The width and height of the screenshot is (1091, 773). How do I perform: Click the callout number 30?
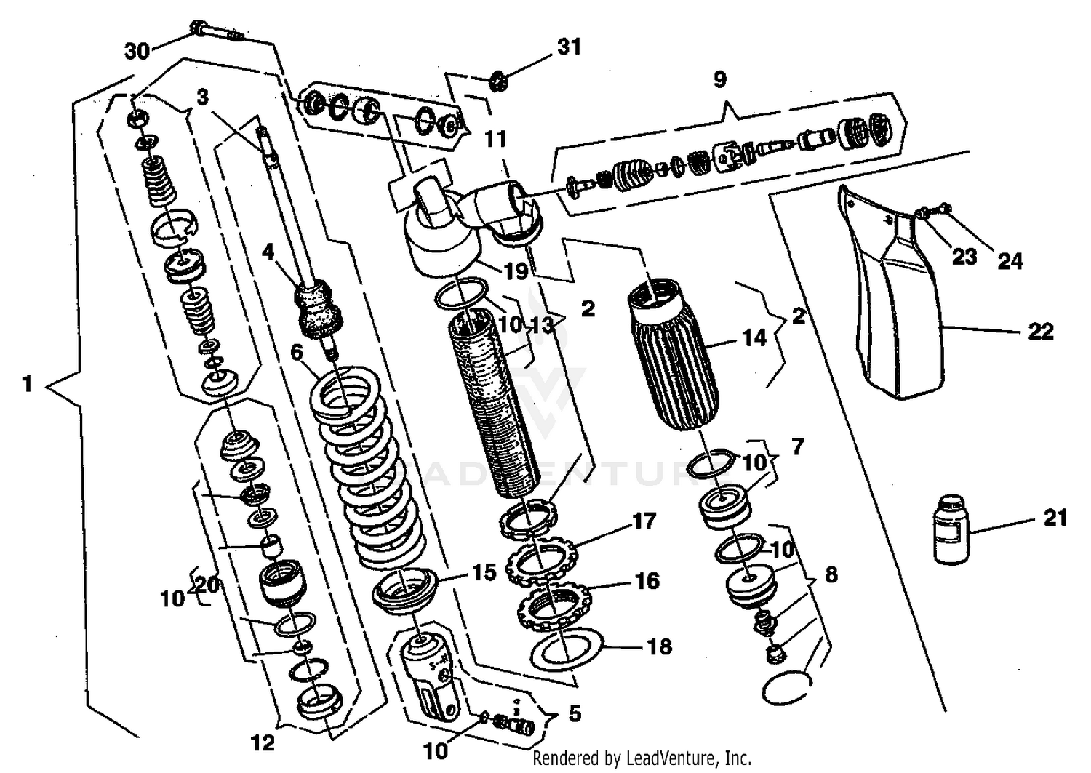tap(137, 51)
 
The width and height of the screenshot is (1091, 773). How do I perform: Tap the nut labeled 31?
tap(499, 80)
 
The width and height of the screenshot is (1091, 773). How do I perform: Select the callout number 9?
tap(719, 79)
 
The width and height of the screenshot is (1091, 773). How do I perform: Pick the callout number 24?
tap(1010, 260)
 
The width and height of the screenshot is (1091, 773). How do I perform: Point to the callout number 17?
tap(644, 521)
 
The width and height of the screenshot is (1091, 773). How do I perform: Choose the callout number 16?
tap(646, 580)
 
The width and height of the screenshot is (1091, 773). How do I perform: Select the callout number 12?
tap(263, 742)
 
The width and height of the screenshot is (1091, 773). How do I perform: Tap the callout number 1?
tap(28, 383)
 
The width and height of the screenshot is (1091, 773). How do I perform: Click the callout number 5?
tap(575, 713)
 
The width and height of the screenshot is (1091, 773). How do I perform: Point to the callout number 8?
tap(830, 574)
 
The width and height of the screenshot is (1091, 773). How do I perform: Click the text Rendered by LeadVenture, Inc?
tap(642, 758)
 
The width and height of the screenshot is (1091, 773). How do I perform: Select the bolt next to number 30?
tap(216, 31)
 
